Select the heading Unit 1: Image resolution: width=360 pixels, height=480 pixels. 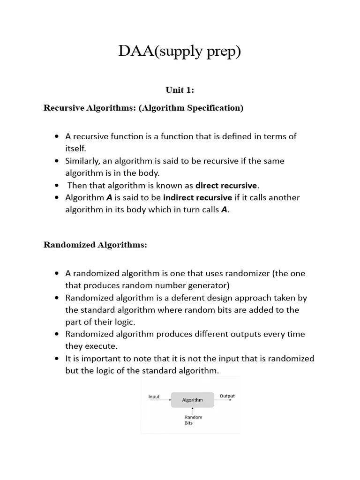180,90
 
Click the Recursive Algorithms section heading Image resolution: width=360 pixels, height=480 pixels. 143,108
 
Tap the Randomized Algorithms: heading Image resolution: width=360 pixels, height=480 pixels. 95,245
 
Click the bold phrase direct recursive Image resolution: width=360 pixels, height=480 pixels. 226,185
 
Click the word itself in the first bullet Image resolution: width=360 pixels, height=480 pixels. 75,149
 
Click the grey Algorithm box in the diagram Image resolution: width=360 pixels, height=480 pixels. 192,400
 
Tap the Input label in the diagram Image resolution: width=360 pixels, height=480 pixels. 154,397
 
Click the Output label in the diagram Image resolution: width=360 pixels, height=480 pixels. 227,396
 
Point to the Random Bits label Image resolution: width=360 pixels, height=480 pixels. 193,420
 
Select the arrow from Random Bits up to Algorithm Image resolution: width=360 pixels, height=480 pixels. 193,411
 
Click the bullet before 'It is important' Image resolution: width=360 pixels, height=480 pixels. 57,359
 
